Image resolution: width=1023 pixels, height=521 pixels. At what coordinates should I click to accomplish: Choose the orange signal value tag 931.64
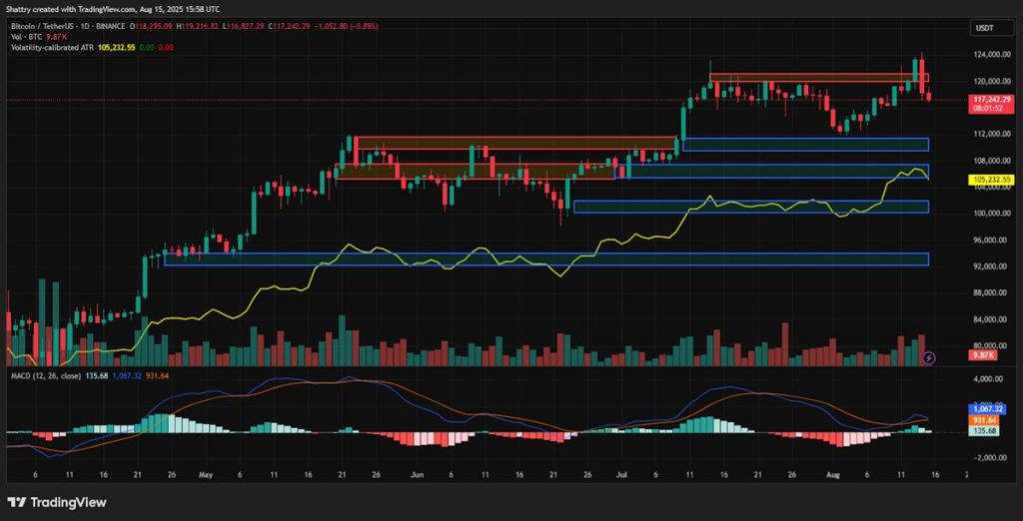pyautogui.click(x=988, y=420)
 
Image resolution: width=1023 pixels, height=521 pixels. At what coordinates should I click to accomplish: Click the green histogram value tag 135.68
pyautogui.click(x=988, y=431)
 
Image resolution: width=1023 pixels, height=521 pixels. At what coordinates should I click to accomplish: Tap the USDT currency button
pyautogui.click(x=985, y=29)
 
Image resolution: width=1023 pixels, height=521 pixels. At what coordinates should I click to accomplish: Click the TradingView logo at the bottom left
pyautogui.click(x=57, y=502)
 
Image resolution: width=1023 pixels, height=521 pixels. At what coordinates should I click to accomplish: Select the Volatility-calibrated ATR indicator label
pyautogui.click(x=49, y=46)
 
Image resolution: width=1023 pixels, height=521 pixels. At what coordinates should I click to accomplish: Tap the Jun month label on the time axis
pyautogui.click(x=417, y=476)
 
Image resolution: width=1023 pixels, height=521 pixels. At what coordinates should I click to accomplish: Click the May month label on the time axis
pyautogui.click(x=206, y=476)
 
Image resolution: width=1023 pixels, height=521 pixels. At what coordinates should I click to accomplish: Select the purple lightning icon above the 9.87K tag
pyautogui.click(x=930, y=356)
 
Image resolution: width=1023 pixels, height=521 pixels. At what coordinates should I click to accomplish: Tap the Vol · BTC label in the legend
pyautogui.click(x=24, y=35)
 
